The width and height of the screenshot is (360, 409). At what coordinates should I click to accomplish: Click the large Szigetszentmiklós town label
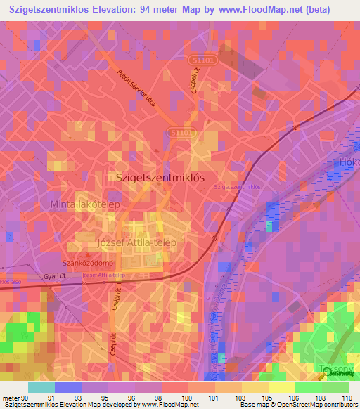(x=159, y=178)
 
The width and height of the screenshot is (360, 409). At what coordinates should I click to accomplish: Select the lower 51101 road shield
(x=181, y=132)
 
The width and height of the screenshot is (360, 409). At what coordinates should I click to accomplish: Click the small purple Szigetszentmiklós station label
(x=237, y=187)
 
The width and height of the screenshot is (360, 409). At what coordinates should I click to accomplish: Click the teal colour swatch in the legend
(x=41, y=387)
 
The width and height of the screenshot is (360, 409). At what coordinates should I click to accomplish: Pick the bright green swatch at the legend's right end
(x=335, y=387)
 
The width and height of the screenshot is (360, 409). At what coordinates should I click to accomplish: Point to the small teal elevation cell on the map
(x=271, y=226)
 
